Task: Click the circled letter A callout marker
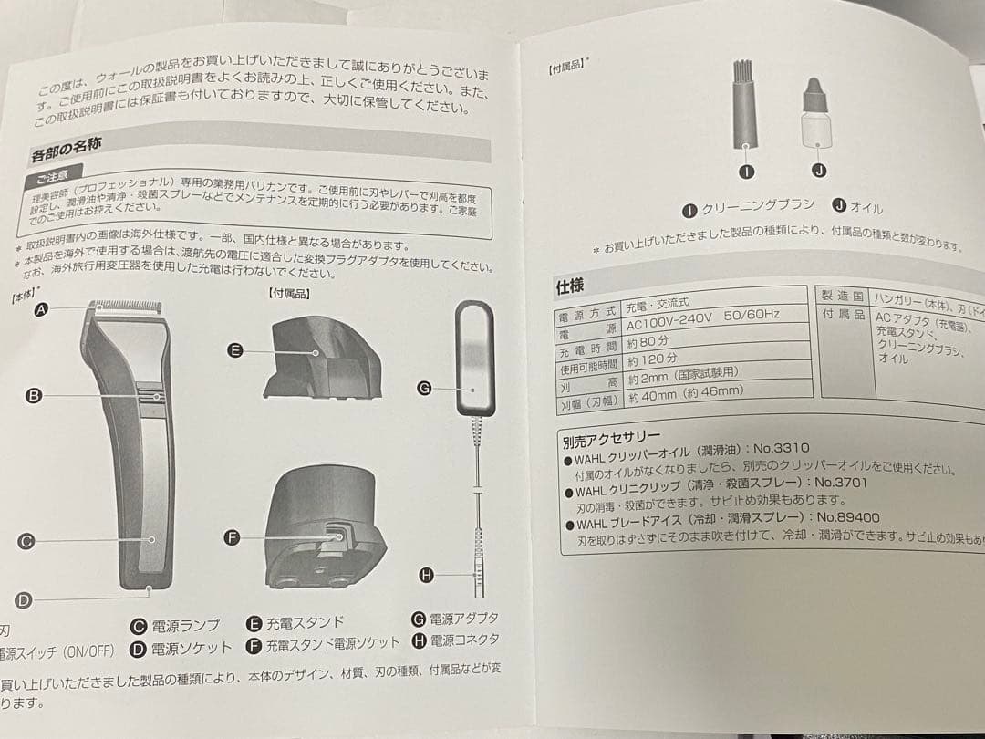(x=40, y=310)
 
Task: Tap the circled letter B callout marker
(x=34, y=396)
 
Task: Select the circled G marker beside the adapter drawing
(x=424, y=387)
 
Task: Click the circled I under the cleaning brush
(x=746, y=171)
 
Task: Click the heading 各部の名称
(x=67, y=149)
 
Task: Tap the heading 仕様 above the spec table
(x=570, y=286)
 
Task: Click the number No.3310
(x=782, y=449)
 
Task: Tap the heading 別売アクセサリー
(x=611, y=439)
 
